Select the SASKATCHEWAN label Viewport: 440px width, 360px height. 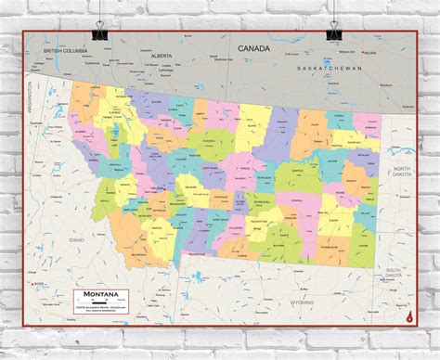[x=329, y=70]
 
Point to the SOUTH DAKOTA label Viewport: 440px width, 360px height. [x=400, y=272]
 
